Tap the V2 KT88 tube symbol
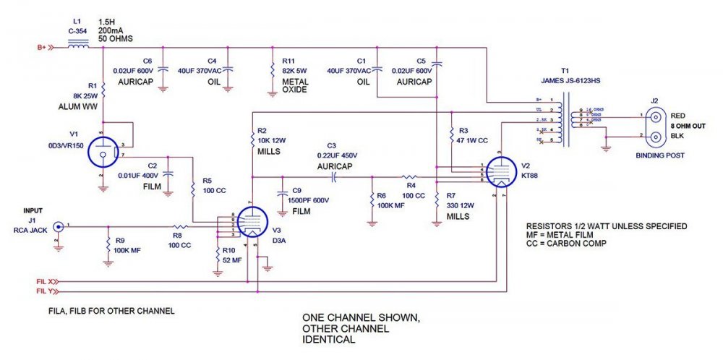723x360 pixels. point(497,173)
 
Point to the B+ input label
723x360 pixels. point(45,49)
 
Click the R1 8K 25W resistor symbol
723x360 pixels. point(103,89)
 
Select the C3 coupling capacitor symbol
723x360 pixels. point(333,175)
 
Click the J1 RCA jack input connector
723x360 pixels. point(56,226)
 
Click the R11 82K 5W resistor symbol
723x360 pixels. point(272,71)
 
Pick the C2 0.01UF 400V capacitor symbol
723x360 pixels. point(168,174)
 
